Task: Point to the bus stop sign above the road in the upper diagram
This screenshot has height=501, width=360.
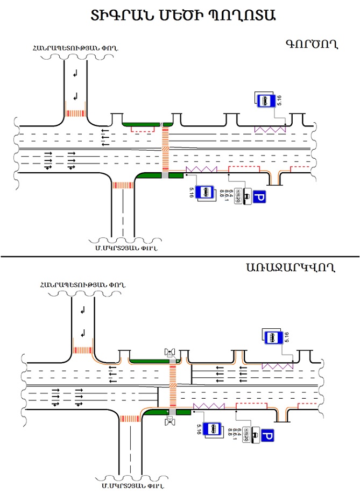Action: coord(265,100)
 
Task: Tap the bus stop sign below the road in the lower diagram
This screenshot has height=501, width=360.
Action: coord(214,429)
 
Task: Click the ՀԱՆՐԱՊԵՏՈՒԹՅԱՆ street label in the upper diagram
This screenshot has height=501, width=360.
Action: coord(75,49)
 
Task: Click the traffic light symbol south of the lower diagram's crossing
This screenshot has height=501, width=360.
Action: coord(172,420)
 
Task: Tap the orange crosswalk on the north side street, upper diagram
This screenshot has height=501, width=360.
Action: coord(75,114)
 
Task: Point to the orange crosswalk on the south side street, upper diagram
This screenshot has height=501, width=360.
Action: coord(122,185)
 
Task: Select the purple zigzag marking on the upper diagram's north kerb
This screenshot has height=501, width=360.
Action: coord(270,130)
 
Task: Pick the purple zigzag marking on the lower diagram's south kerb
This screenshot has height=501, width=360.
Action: coord(209,406)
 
